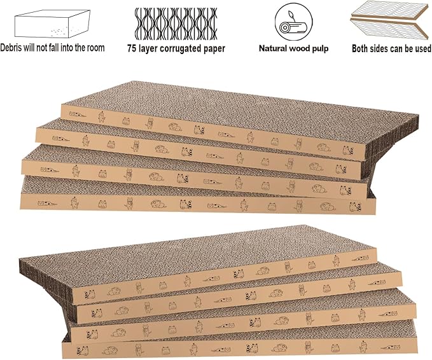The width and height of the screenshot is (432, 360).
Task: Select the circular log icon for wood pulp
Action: click(293, 22)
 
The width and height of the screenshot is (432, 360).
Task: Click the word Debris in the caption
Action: click(14, 48)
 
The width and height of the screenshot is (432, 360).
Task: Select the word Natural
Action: click(273, 48)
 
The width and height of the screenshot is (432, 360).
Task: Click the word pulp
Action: click(319, 48)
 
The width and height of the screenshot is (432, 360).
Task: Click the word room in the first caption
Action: click(94, 48)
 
